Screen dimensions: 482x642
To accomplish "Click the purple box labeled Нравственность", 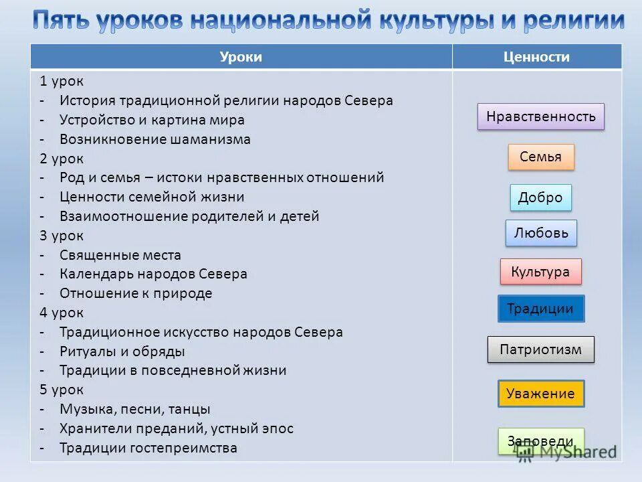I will coord(541,116).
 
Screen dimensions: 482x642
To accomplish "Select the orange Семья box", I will coord(541,157).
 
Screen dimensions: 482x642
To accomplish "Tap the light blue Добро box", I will coord(540,197).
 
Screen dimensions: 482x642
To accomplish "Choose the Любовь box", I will coord(541,233).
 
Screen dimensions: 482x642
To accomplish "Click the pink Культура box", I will coord(540,272).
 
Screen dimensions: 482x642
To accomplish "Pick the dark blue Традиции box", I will coord(540,309).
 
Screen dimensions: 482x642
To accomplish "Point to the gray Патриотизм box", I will coord(540,349).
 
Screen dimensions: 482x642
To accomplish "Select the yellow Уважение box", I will coord(540,394).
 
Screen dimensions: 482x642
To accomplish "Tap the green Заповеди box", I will coord(540,441).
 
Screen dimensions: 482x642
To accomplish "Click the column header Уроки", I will coord(241,57).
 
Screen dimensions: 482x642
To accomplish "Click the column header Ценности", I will coord(536,57).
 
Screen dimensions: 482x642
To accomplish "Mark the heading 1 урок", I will coord(62,82).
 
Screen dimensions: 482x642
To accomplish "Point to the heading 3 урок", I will coord(62,236).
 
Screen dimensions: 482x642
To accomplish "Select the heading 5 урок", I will coord(62,390).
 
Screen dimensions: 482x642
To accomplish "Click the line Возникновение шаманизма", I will coord(154,139).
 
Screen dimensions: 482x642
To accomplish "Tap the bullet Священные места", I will coord(120,255).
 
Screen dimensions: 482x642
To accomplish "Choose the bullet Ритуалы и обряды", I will coord(122,351).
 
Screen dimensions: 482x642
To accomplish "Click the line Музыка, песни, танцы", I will coord(134,409).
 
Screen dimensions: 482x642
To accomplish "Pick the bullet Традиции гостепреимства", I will coord(148,448).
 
